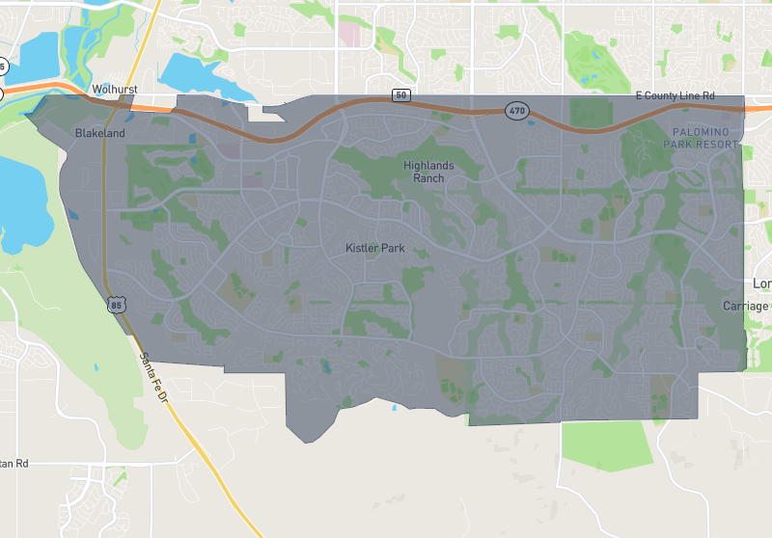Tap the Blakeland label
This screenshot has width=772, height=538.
[100, 133]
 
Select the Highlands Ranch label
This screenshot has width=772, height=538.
[428, 172]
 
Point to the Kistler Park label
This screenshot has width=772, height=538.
[375, 248]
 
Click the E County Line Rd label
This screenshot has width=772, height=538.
[675, 95]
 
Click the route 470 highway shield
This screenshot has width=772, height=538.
[517, 111]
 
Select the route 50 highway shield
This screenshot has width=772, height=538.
[400, 94]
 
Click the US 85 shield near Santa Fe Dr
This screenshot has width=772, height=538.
[115, 306]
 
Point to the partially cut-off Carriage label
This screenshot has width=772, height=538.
[747, 306]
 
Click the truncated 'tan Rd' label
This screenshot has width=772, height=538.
[14, 464]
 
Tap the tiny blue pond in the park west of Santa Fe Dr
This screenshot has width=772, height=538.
[97, 366]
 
